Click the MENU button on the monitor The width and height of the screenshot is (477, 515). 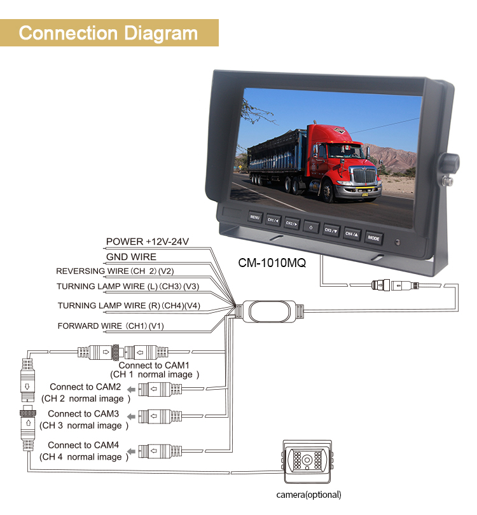click(x=255, y=217)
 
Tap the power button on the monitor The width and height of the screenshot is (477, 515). click(x=311, y=227)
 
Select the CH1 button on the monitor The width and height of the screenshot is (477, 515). click(x=273, y=220)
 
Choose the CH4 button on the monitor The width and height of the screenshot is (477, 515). click(x=352, y=234)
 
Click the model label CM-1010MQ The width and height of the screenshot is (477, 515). click(x=272, y=263)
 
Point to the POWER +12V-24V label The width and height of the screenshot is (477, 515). click(x=148, y=242)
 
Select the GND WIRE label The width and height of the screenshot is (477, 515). click(x=131, y=257)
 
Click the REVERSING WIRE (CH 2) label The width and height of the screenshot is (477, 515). click(x=115, y=271)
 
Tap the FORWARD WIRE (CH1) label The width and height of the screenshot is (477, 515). click(x=111, y=326)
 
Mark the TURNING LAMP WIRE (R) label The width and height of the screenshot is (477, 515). click(x=129, y=306)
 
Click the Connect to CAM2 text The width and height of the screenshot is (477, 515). click(x=85, y=387)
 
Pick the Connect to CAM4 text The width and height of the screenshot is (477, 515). click(x=83, y=445)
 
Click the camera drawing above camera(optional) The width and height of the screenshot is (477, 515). click(x=307, y=462)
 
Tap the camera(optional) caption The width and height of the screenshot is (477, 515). click(x=309, y=495)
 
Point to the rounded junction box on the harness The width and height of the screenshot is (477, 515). click(x=270, y=312)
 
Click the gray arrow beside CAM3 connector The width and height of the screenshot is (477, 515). click(x=132, y=417)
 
